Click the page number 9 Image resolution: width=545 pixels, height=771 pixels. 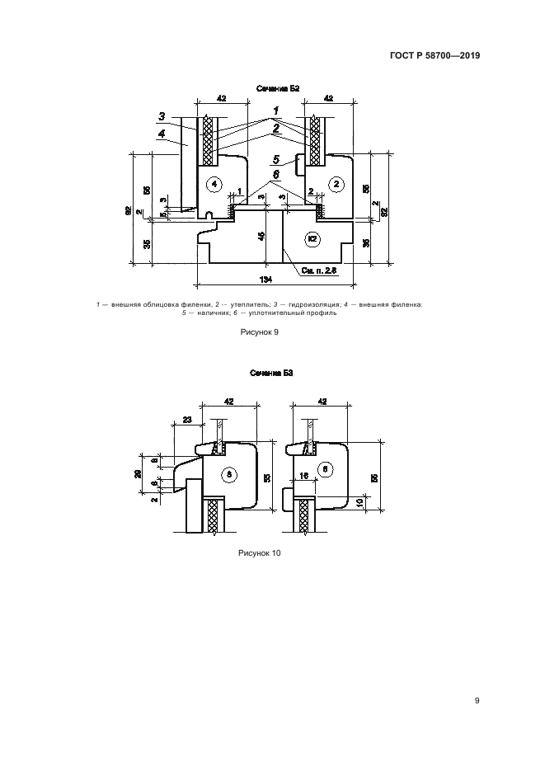(477, 701)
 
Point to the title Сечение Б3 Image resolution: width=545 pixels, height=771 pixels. (272, 374)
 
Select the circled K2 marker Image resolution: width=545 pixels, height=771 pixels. (312, 239)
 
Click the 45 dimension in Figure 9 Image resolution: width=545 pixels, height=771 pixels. (261, 236)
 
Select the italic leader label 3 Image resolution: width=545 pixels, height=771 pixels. (162, 115)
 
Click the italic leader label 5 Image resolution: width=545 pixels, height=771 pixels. (277, 160)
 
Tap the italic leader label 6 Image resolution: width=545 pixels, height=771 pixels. (277, 174)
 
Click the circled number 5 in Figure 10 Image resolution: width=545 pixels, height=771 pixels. (228, 473)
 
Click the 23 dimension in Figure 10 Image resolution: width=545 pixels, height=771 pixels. (187, 421)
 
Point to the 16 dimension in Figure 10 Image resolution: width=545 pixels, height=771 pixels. (304, 477)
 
